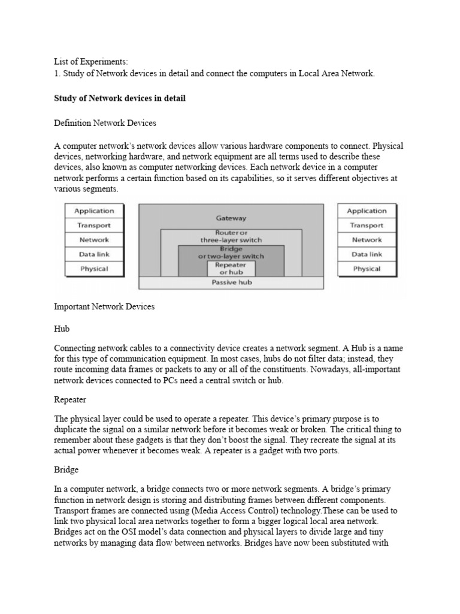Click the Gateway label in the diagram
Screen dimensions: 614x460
[x=231, y=218]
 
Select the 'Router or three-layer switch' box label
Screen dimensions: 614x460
[x=231, y=236]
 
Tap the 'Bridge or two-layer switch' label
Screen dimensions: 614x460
[x=231, y=252]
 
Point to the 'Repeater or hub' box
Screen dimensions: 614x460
[x=231, y=267]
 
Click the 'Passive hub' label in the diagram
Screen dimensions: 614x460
[x=231, y=282]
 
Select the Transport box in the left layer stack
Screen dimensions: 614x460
[x=94, y=225]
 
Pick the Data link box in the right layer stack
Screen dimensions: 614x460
[x=367, y=254]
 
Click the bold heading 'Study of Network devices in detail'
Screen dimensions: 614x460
[x=120, y=98]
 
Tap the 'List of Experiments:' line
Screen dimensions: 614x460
[x=91, y=61]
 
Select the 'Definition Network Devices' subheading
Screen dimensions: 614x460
[x=105, y=123]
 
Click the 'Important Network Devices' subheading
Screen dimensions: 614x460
[x=104, y=306]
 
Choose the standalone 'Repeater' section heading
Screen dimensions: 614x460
[x=71, y=399]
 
